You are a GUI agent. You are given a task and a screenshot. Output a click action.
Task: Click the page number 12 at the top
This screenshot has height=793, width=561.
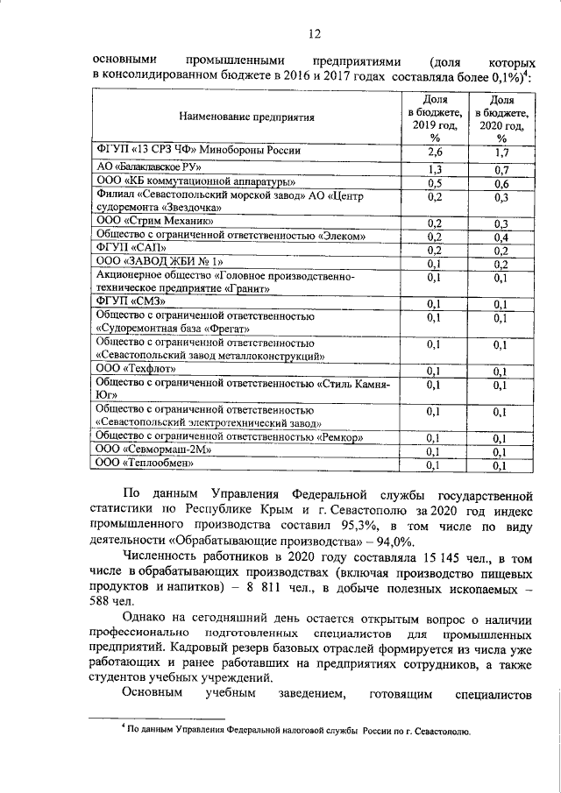click(315, 33)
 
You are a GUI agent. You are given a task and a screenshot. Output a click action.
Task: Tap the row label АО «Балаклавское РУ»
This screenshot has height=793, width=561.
click(148, 166)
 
